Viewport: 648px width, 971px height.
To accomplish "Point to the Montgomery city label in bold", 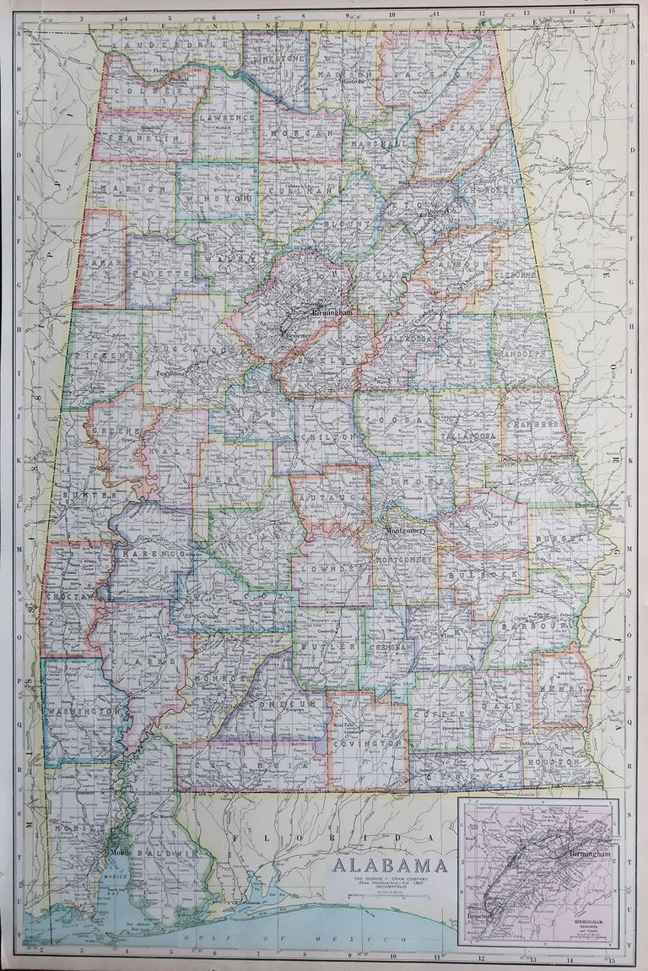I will pos(409,532).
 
